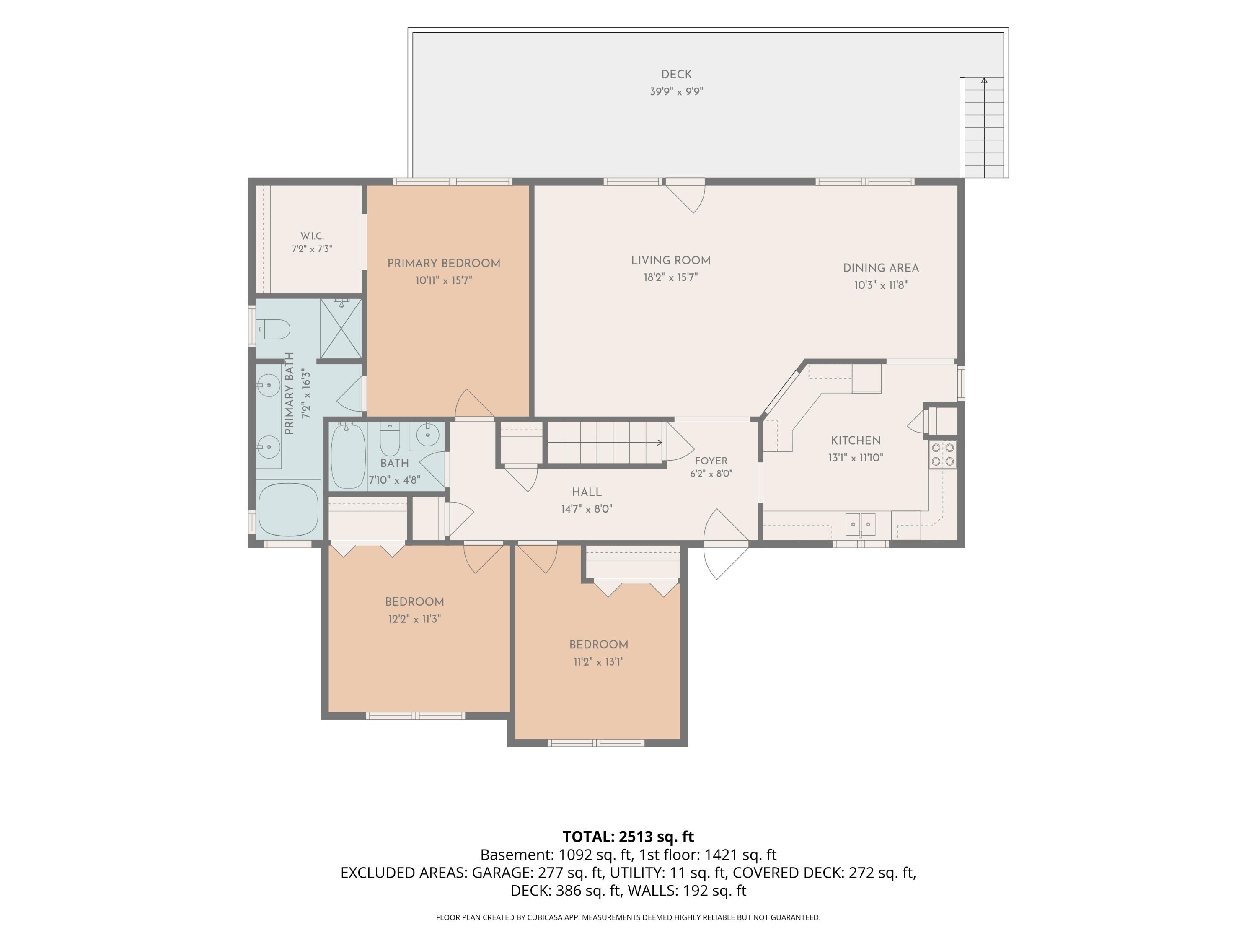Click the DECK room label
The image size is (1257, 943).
click(x=676, y=75)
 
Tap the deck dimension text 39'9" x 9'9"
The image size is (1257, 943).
click(x=676, y=91)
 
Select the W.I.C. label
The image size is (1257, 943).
click(x=312, y=236)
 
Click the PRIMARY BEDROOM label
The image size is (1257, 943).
click(x=444, y=263)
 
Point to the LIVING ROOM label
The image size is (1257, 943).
click(x=670, y=260)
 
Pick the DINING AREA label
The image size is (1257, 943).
click(x=881, y=268)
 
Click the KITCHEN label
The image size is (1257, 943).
click(x=856, y=440)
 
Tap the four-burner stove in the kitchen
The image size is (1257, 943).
click(x=943, y=454)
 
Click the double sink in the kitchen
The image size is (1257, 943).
click(x=860, y=523)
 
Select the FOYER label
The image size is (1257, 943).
click(x=711, y=461)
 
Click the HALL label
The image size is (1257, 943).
click(x=587, y=492)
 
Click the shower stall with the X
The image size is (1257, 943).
click(x=341, y=329)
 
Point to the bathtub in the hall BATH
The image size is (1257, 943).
click(x=348, y=456)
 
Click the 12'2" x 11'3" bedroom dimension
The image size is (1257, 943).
click(x=414, y=619)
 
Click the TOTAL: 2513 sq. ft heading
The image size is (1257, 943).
click(x=628, y=837)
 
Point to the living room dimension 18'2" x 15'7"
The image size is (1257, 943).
click(x=670, y=278)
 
